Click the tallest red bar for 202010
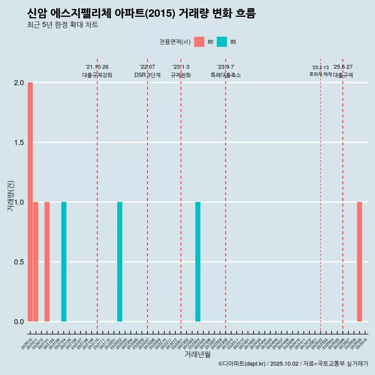pos(30,202)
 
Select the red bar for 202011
pos(36,262)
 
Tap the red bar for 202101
pos(47,262)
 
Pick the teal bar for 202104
pos(64,262)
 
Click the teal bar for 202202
pos(120,262)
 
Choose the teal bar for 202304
pos(198,262)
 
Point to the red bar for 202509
pos(359,262)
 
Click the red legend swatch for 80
pos(199,42)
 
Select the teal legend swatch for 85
pos(222,42)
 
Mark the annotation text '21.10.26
pos(97,67)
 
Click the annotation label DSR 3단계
pos(147,75)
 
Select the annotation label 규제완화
pos(181,75)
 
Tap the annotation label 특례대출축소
pos(225,75)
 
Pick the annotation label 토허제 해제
pos(320,74)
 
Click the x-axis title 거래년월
pos(197,355)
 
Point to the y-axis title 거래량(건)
pos(11,196)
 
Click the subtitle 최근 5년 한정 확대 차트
pos(62,25)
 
